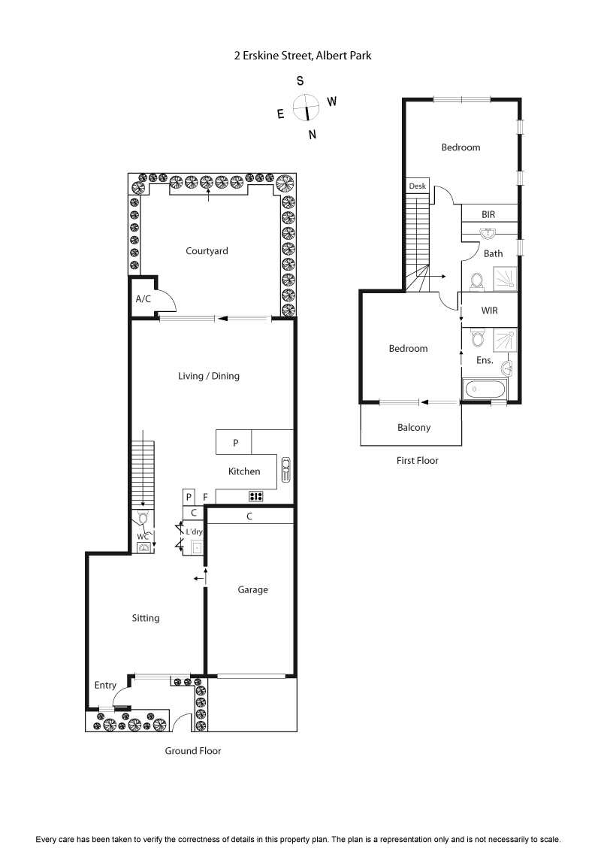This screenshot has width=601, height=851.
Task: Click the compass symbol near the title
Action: coord(307,108)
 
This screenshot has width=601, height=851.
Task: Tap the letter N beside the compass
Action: coord(313,135)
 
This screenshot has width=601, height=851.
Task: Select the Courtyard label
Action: coord(207,251)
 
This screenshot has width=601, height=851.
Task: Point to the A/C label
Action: coord(143,298)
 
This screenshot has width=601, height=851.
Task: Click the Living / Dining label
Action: coord(209,376)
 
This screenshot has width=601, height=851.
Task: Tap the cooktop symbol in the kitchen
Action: coord(255,496)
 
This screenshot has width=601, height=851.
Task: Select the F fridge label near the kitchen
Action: coord(205,498)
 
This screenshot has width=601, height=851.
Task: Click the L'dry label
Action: coord(194,531)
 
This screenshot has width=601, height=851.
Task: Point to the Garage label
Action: coord(252,590)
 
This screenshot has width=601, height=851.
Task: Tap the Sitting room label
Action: coord(146,618)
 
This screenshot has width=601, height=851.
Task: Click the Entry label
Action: coord(105,685)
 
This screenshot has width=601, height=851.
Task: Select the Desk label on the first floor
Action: coord(417,186)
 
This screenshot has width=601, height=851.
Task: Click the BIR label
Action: coord(488,214)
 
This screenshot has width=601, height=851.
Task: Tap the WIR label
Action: coord(489,310)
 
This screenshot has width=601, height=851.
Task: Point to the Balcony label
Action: coord(414,428)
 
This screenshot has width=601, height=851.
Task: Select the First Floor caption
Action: coord(417,460)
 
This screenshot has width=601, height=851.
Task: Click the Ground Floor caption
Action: coord(193,750)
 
